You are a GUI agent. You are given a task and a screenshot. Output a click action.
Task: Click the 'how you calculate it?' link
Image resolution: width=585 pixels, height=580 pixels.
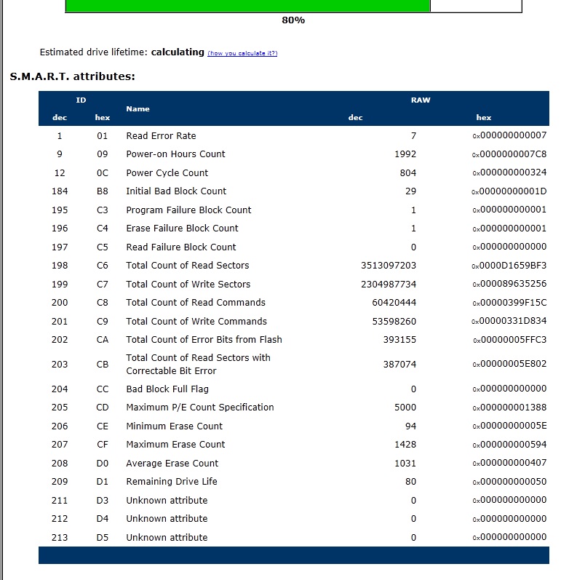(x=242, y=53)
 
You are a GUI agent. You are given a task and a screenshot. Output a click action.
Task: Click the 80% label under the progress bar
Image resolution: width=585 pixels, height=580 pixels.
(x=293, y=20)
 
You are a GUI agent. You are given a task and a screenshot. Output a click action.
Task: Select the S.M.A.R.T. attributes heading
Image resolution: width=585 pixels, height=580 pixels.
(x=73, y=76)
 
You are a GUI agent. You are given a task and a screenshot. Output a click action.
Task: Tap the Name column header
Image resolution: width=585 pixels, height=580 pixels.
(x=138, y=108)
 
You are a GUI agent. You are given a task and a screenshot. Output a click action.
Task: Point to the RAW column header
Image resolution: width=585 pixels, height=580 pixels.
(x=421, y=100)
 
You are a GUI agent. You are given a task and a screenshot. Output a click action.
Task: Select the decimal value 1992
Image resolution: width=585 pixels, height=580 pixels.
(x=405, y=154)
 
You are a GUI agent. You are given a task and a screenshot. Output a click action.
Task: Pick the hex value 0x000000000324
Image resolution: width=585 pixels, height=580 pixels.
(x=509, y=172)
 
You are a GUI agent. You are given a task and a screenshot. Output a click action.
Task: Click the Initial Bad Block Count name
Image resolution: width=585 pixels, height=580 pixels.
(x=176, y=191)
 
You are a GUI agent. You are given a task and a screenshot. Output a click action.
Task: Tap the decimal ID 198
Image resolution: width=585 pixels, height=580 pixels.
(x=60, y=266)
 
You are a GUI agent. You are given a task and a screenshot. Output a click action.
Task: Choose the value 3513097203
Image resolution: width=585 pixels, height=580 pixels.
(x=389, y=266)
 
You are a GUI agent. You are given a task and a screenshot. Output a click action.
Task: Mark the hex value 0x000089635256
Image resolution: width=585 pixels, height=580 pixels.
(x=509, y=284)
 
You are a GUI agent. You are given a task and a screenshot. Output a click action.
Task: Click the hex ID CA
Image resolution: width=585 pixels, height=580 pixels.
(x=103, y=340)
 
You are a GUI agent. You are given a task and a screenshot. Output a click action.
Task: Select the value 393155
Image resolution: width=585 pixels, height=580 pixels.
(x=399, y=340)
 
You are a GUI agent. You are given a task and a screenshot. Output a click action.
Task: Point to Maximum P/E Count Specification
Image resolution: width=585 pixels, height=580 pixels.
(x=200, y=408)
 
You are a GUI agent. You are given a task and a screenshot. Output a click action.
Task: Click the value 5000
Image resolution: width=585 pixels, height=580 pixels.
(x=405, y=408)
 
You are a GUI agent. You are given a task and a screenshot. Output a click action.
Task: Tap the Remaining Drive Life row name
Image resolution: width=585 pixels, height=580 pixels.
(x=172, y=482)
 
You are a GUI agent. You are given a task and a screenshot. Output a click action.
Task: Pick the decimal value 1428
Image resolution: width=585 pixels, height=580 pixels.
(x=405, y=445)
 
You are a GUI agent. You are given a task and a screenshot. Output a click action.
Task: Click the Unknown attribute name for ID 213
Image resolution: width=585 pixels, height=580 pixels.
(x=167, y=538)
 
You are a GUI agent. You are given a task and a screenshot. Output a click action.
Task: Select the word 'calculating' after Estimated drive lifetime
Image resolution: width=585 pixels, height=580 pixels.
(x=178, y=52)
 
